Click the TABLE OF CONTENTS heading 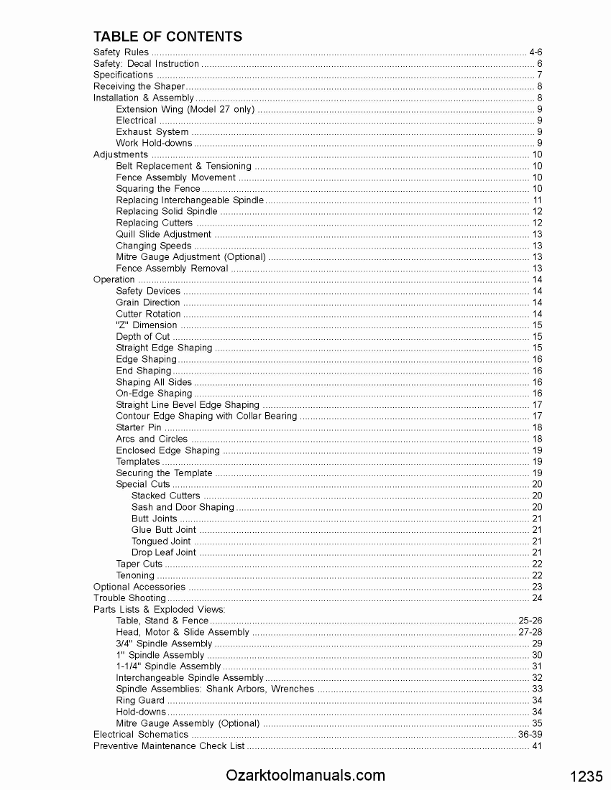coord(167,37)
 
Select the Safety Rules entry coord(121,52)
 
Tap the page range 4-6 coord(536,52)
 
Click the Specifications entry coord(124,75)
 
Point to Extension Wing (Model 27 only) coord(185,109)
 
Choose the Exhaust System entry coord(152,132)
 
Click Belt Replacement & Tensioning coord(183,166)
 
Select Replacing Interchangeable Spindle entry coord(190,200)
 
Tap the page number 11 coord(537,200)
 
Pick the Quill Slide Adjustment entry coord(163,234)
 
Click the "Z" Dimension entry coord(146,325)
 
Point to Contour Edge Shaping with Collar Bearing coord(206,416)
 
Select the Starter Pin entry coord(138,427)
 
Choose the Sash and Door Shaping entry coord(183,507)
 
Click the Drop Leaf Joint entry coord(164,552)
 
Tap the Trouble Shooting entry coord(129,598)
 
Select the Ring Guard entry coord(140,700)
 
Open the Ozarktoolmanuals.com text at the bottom coord(305,776)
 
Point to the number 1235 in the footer coord(586,777)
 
